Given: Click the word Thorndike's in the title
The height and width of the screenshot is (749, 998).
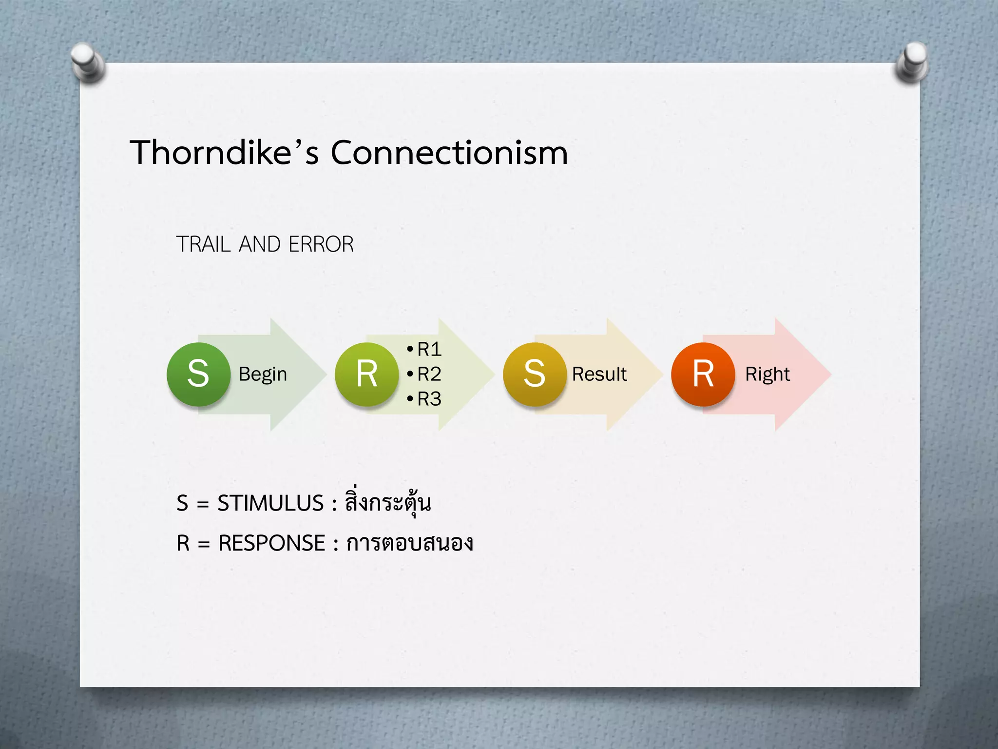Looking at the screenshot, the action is [x=224, y=153].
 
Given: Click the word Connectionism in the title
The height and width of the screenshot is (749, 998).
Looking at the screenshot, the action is [x=449, y=153].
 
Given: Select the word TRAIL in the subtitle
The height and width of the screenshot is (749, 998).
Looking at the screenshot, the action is [x=203, y=244].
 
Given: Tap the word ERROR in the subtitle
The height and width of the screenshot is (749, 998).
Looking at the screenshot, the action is [x=321, y=244].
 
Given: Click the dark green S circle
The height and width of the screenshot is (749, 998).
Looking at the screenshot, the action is [x=198, y=374].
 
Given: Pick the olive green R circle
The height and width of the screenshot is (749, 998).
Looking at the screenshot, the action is [x=366, y=374].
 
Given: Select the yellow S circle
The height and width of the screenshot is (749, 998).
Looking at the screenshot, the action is [x=535, y=374].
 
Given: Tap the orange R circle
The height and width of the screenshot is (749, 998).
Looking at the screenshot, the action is [x=703, y=374].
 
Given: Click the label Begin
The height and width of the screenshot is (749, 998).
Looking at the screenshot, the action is [x=263, y=374].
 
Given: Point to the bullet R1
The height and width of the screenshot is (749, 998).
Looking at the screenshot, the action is [x=429, y=349].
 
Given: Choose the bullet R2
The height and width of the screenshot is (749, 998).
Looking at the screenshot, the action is [x=429, y=374].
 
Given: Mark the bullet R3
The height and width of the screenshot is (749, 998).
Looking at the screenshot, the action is [x=429, y=399].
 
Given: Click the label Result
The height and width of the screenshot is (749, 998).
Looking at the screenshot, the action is [x=599, y=374].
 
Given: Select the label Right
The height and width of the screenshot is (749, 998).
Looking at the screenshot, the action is [x=768, y=374].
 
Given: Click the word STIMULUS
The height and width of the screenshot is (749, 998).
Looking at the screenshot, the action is [x=270, y=503].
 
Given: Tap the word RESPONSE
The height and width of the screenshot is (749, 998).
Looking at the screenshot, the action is [x=271, y=543].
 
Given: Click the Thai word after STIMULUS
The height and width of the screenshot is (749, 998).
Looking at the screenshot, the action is [x=388, y=502].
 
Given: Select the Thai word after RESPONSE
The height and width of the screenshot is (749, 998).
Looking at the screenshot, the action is [x=409, y=543].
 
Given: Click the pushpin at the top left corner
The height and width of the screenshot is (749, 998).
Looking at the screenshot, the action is [x=88, y=62].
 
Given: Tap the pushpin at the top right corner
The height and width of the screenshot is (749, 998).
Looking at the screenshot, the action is [x=912, y=62].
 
